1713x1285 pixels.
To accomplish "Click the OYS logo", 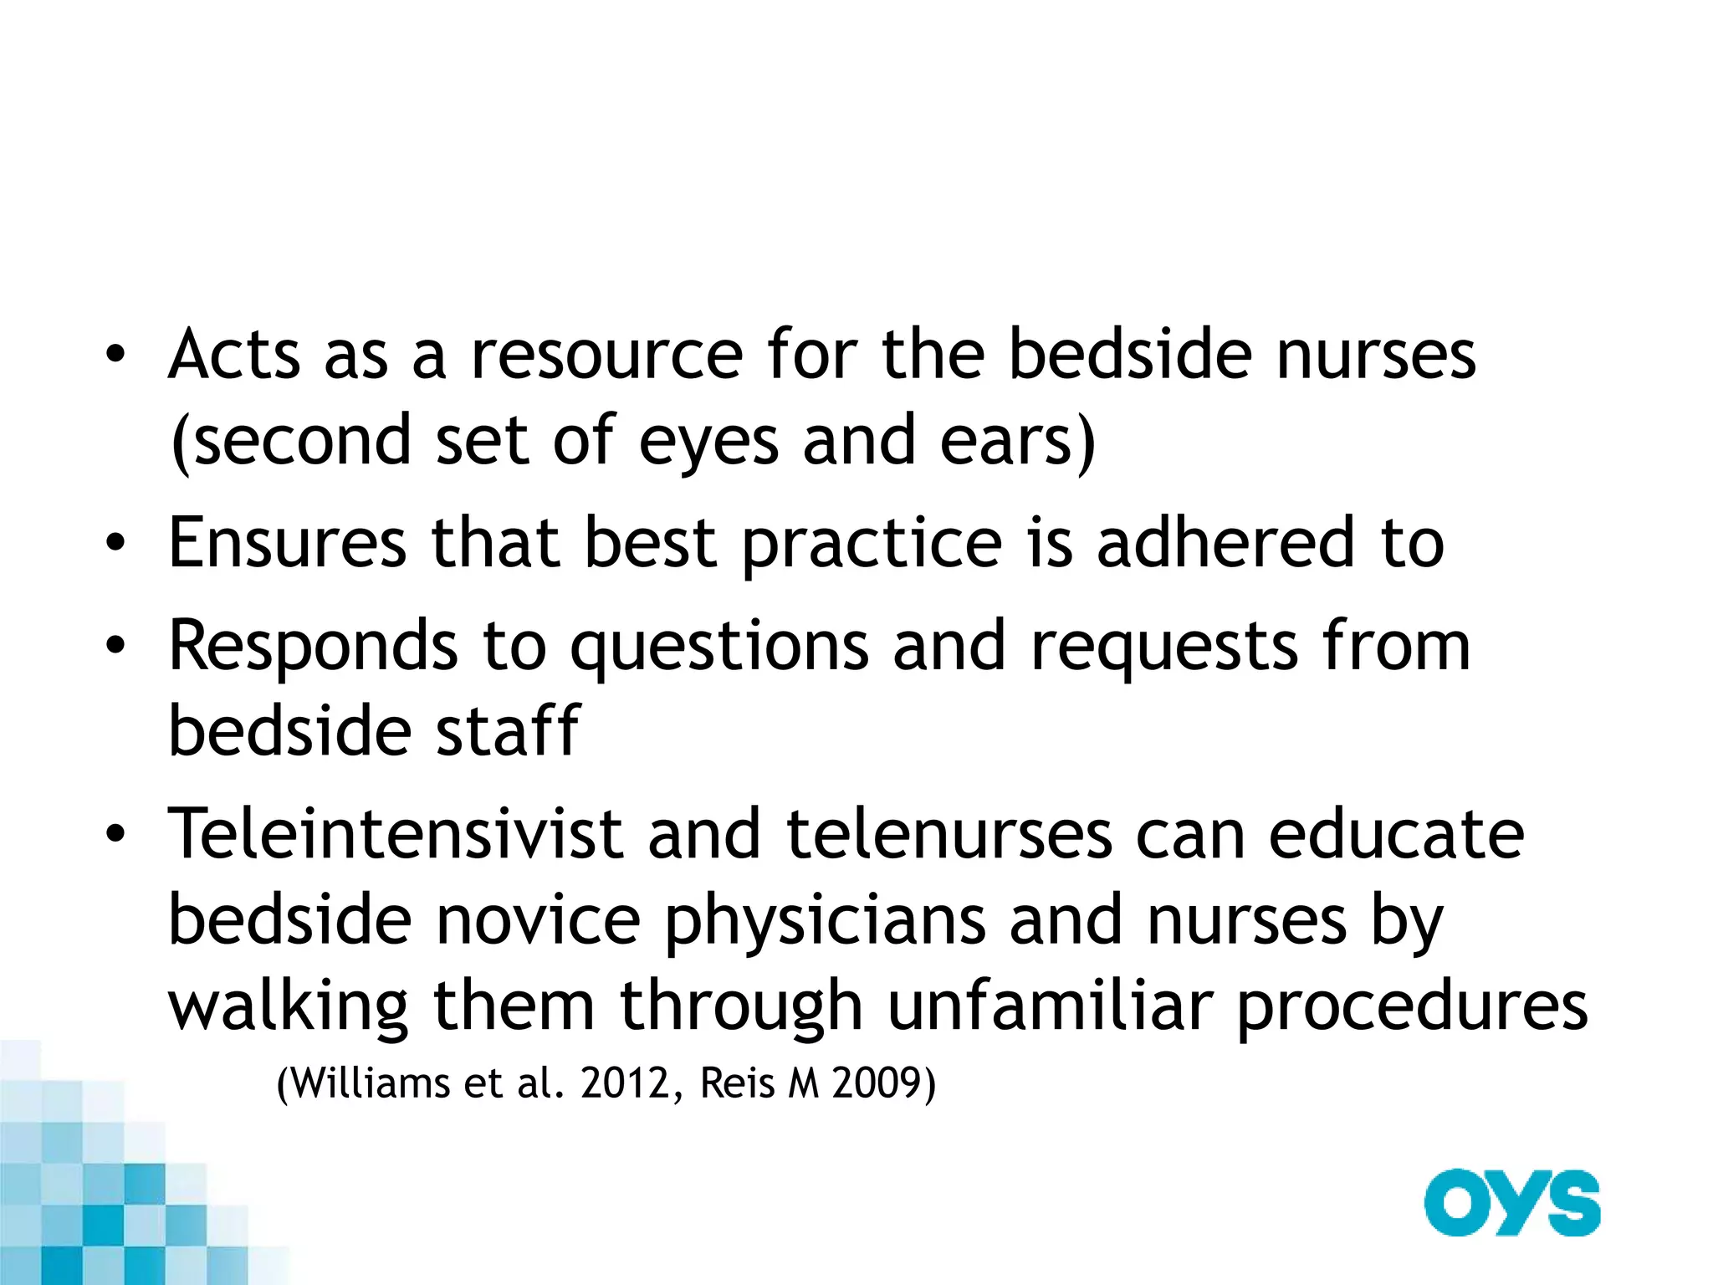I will [1511, 1203].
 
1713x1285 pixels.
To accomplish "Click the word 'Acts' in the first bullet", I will [234, 355].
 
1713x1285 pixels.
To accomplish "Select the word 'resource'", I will [606, 355].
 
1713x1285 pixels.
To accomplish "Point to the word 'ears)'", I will [1017, 442].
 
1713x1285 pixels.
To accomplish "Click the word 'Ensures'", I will [287, 543].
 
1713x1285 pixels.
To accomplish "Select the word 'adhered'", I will [1225, 543].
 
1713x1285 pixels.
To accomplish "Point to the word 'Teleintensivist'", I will [396, 834].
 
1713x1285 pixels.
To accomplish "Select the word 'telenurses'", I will [949, 834].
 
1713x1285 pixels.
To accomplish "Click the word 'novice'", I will [538, 920].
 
